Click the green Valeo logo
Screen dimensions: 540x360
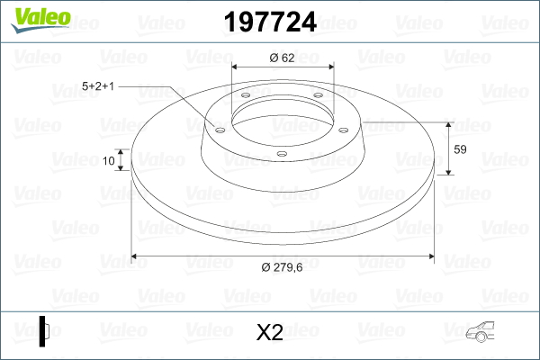pos(40,20)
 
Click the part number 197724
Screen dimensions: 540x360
pos(270,22)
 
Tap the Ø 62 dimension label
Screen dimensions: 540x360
pos(282,58)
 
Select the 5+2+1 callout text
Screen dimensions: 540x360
pos(98,85)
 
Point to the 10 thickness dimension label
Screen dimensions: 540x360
pos(109,160)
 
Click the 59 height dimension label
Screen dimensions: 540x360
pos(460,149)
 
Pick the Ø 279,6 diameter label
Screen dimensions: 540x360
pos(282,267)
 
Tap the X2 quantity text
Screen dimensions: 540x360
pos(270,332)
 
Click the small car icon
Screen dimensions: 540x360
pos(480,332)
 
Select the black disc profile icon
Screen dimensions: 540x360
pos(44,331)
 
